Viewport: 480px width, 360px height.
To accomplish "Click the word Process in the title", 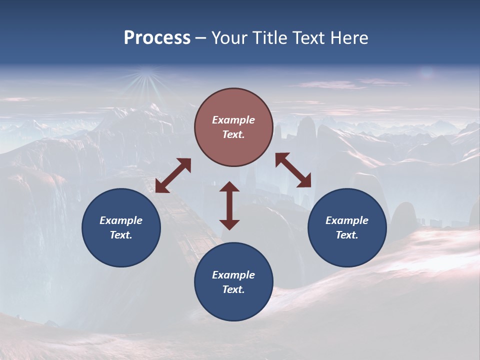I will click(157, 38).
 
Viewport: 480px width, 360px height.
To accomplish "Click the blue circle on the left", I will click(121, 227).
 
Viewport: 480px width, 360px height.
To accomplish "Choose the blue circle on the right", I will click(347, 227).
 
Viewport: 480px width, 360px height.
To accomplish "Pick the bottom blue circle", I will click(233, 281).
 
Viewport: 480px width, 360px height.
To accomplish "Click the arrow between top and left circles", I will click(173, 175).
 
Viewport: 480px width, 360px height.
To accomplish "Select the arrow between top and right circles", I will click(293, 170).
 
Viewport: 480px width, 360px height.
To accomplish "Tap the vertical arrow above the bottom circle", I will click(229, 205).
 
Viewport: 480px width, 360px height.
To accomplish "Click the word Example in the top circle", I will click(233, 120).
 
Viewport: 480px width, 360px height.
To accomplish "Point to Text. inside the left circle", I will click(121, 235).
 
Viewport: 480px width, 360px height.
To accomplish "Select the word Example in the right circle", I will click(347, 220).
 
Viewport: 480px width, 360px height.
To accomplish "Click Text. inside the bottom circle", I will click(233, 289).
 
